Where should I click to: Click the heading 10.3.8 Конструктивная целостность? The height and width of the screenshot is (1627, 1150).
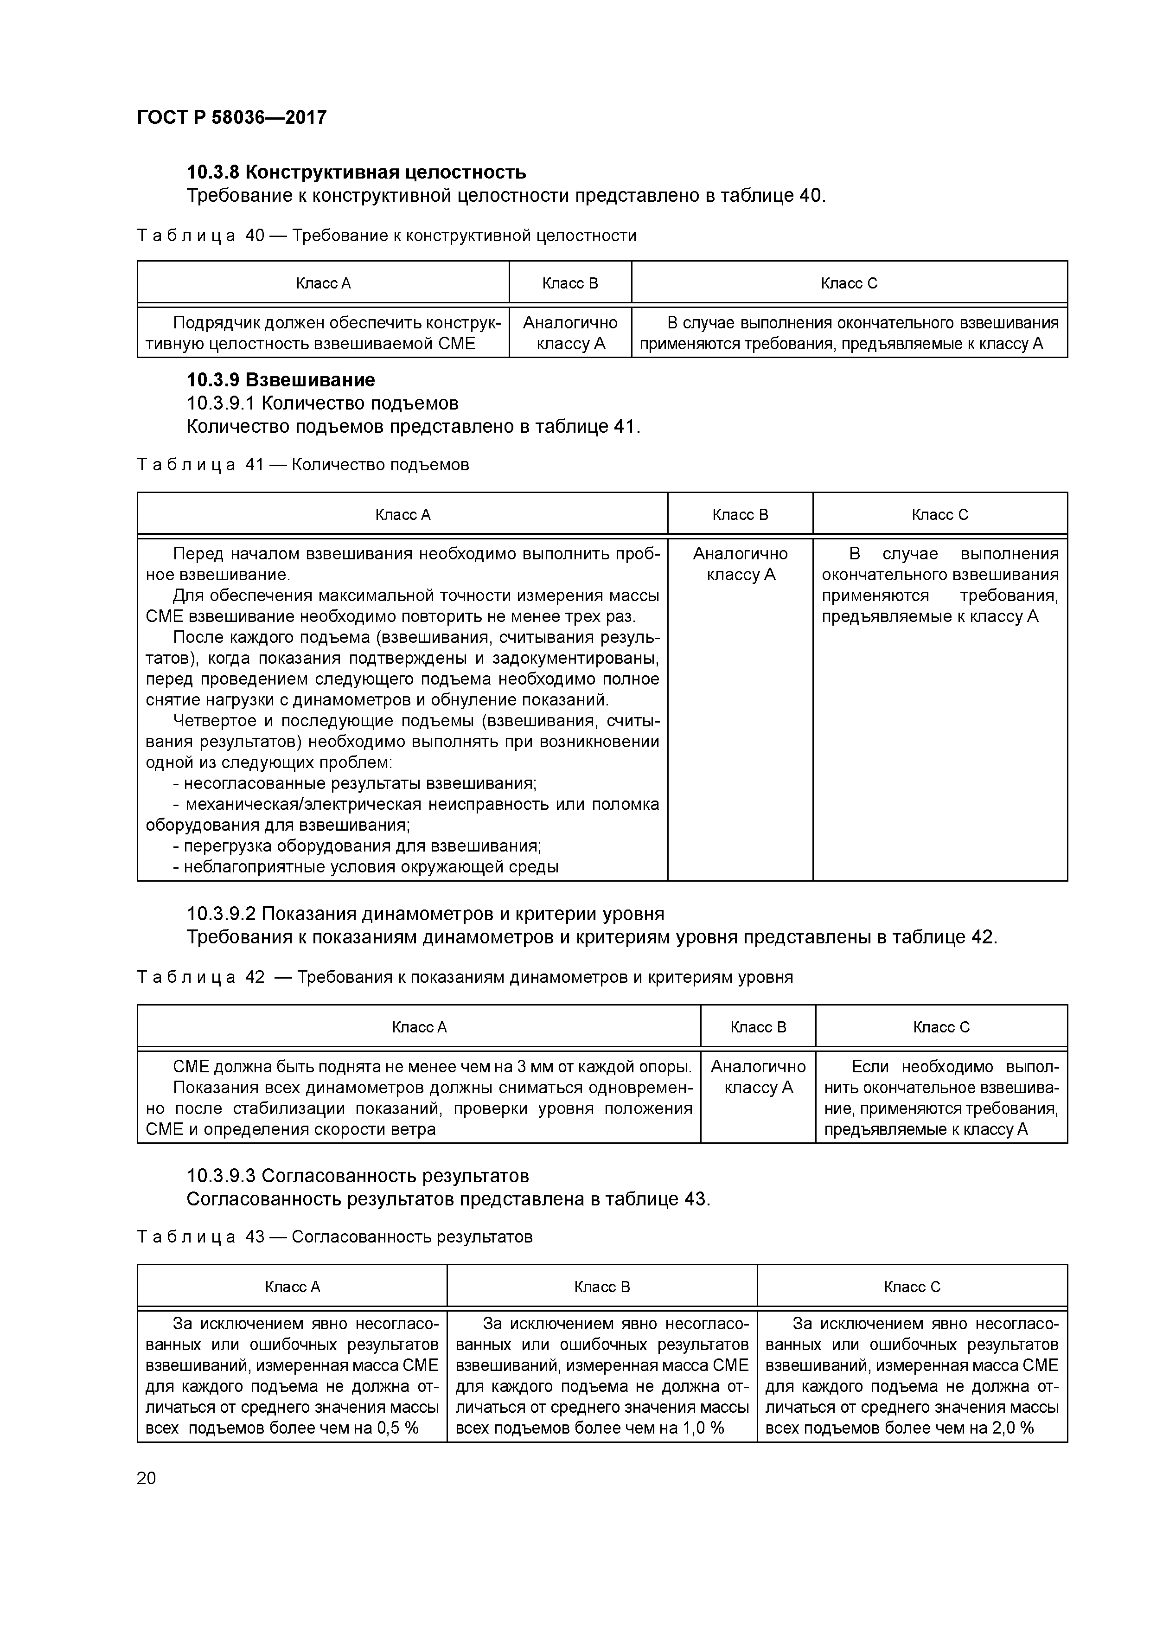[356, 172]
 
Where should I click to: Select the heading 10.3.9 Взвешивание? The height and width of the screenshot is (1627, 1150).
[281, 380]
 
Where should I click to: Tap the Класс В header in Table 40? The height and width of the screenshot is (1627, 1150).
[570, 283]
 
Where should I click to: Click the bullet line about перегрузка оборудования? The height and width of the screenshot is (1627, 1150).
[357, 846]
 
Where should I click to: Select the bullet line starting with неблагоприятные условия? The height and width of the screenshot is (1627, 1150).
[365, 867]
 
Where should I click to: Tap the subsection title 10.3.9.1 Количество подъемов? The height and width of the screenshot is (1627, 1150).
[322, 403]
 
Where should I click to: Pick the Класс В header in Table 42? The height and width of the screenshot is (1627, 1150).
[758, 1027]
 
